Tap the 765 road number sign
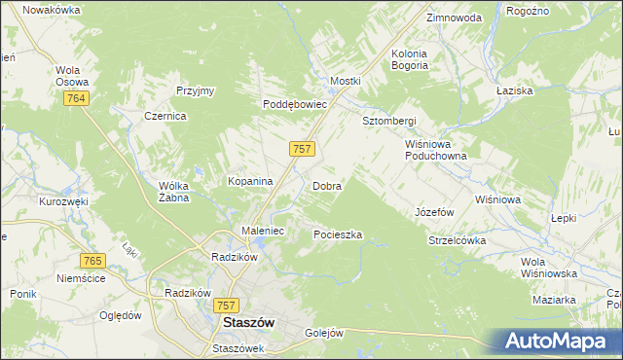[93, 261]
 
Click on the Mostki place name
[345, 81]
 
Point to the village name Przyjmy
[195, 90]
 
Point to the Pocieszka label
[338, 235]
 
